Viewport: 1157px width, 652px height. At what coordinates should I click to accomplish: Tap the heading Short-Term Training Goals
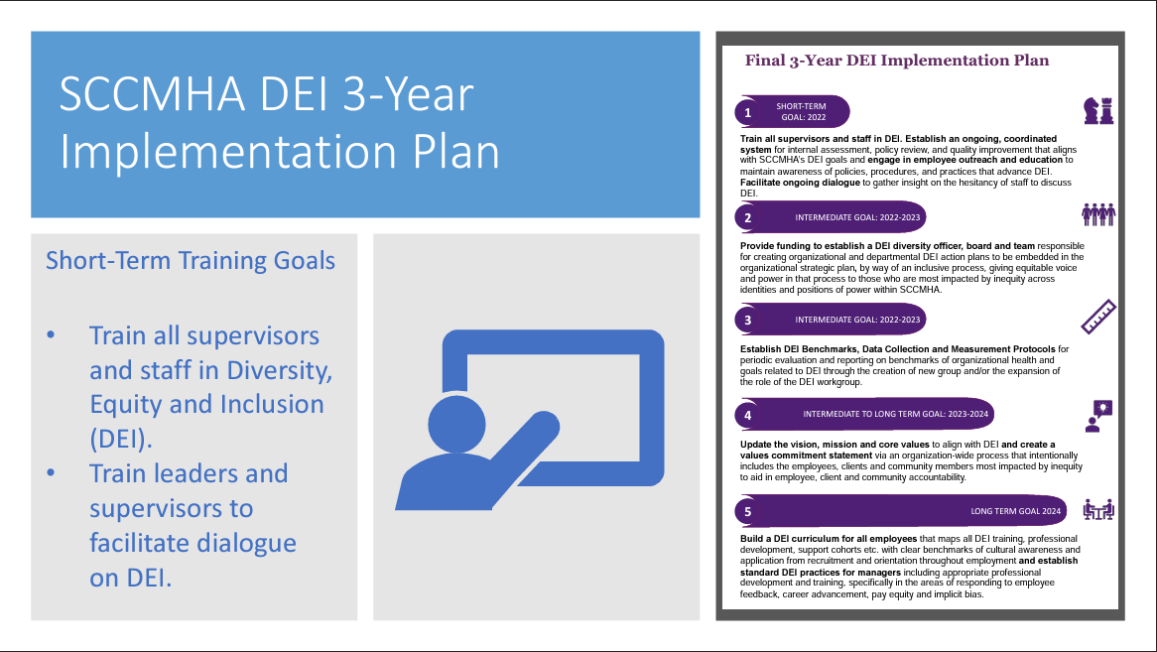(191, 260)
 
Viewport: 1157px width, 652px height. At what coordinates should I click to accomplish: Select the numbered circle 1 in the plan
(747, 113)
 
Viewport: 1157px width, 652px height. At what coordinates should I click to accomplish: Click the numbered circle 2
(747, 217)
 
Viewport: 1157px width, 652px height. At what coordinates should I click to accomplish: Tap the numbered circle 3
(747, 321)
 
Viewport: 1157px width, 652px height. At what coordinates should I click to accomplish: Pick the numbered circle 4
(747, 415)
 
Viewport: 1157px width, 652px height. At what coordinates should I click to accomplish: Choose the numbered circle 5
(747, 511)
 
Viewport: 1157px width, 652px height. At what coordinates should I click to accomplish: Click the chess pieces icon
(1098, 110)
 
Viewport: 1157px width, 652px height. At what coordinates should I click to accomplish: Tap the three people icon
(1098, 214)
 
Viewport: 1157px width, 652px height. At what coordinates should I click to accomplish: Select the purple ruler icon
(1098, 318)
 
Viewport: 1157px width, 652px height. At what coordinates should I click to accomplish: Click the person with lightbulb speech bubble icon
(1098, 416)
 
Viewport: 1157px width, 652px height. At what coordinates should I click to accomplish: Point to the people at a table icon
(1098, 510)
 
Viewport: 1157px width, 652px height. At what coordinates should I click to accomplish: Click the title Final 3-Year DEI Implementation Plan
(897, 61)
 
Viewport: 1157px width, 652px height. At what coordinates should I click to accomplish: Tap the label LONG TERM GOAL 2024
(1015, 511)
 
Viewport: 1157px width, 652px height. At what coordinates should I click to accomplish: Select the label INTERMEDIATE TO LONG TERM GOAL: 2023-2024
(895, 414)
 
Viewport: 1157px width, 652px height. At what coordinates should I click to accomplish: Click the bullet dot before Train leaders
(51, 472)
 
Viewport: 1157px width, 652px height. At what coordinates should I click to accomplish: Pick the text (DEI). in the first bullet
(121, 440)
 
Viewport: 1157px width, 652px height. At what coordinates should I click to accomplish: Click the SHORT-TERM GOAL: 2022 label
(801, 111)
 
